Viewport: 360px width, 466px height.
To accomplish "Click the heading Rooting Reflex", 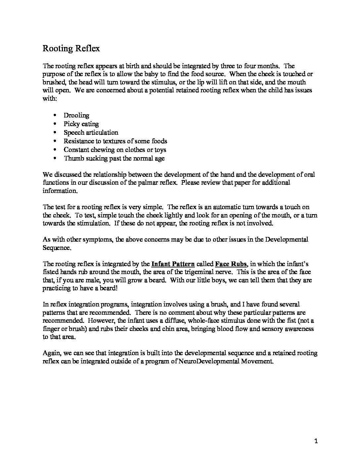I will point(71,48).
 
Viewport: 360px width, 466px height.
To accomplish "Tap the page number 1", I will point(316,441).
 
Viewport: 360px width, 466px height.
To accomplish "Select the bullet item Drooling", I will point(76,115).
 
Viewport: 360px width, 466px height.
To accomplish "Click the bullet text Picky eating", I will point(81,124).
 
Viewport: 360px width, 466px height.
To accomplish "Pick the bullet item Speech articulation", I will point(91,132).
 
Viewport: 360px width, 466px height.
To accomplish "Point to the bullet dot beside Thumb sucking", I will point(55,158).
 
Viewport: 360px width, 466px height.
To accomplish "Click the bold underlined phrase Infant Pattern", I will point(173,264).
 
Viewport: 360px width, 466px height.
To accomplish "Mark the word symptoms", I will point(99,239).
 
